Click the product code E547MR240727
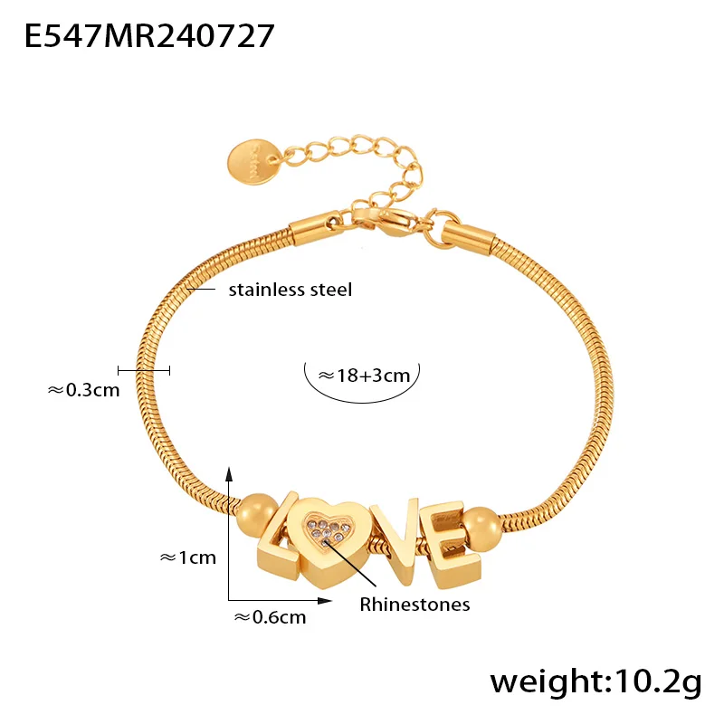(149, 36)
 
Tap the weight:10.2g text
(595, 682)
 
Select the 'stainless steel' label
(291, 290)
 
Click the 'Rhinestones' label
(414, 605)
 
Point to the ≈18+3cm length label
(364, 376)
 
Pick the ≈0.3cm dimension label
(83, 390)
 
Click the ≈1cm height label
(188, 557)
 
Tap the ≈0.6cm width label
(270, 617)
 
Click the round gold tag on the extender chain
(254, 162)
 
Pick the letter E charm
(454, 545)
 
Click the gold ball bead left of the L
(257, 515)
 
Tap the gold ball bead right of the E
(481, 529)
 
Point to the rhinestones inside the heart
(328, 529)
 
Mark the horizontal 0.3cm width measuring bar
(144, 370)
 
